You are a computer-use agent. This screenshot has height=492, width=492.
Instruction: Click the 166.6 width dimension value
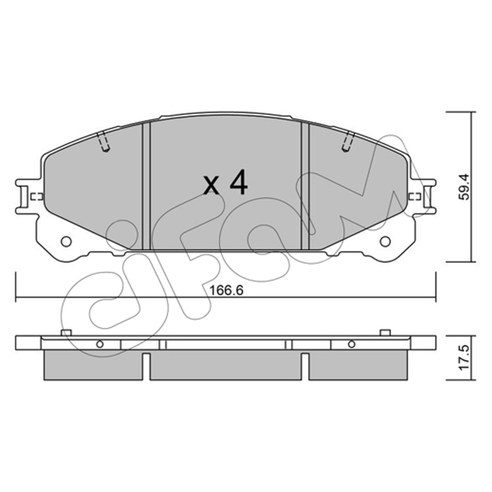226,290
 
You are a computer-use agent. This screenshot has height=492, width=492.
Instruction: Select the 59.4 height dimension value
464,187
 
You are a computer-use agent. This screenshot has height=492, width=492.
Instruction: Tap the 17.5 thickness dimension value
464,358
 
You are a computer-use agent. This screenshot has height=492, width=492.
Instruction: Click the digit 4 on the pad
239,184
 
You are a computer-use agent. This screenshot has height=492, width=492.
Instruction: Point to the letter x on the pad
211,186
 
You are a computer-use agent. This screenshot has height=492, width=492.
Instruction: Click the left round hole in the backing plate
66,242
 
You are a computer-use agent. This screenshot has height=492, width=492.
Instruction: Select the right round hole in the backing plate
385,242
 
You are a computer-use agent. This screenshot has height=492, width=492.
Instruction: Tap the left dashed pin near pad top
103,142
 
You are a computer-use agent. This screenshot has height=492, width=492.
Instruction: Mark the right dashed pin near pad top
348,142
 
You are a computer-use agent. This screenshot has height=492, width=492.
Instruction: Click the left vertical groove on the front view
146,186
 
